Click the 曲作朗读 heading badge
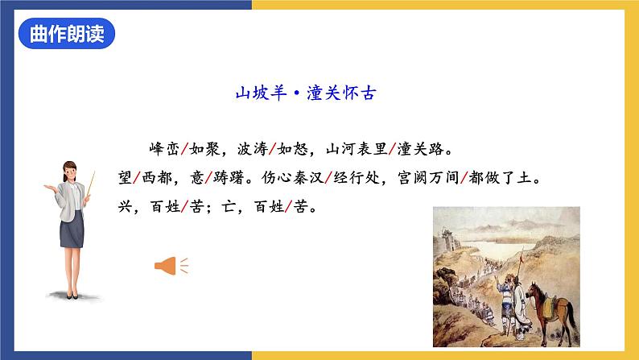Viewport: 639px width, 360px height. (x=67, y=35)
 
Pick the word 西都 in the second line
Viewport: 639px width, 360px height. (x=160, y=178)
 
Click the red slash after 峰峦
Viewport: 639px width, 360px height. (x=187, y=150)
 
